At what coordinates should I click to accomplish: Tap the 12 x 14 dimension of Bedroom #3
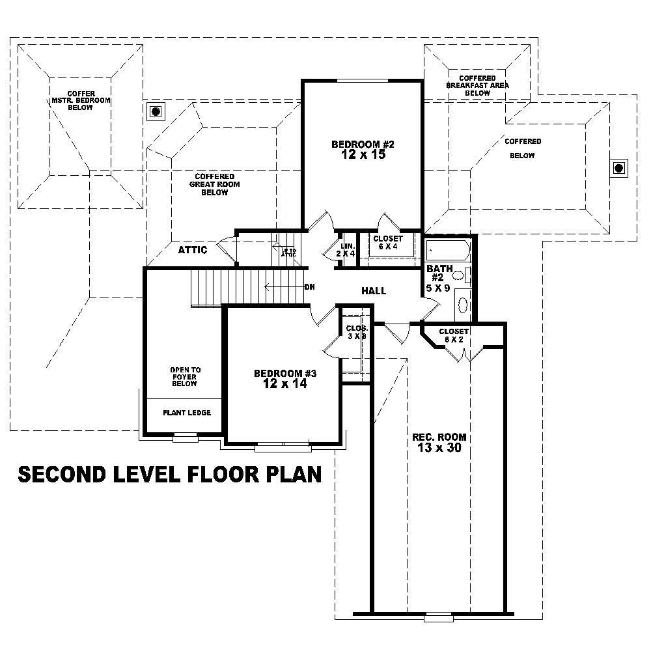click(284, 384)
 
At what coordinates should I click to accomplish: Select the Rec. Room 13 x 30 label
click(439, 443)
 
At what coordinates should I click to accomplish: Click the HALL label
click(374, 290)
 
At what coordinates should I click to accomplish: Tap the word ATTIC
click(193, 250)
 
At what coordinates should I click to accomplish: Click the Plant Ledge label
click(186, 413)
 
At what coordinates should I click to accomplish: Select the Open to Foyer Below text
click(185, 376)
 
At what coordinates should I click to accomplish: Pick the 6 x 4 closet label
click(388, 242)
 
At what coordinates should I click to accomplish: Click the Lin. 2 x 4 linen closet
click(346, 249)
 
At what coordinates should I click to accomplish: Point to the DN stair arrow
click(286, 286)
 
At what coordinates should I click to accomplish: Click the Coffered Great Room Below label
click(214, 184)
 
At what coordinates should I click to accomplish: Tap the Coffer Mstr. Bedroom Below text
click(81, 101)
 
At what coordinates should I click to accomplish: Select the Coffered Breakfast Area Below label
click(477, 85)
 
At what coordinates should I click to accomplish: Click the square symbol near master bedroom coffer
click(156, 111)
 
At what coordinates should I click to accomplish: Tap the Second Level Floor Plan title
click(169, 475)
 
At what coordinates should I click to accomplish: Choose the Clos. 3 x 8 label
click(357, 332)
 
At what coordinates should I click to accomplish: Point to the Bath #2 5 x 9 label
click(438, 278)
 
